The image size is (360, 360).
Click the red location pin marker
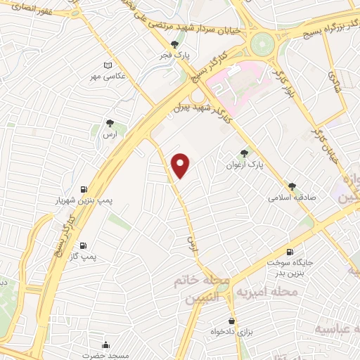(x=181, y=166)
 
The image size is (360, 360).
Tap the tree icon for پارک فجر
(x=184, y=44)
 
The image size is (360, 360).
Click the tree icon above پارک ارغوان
(x=244, y=153)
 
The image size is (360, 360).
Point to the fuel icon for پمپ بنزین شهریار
(x=84, y=188)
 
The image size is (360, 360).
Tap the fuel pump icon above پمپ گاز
(x=84, y=245)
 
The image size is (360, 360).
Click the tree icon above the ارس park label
(x=109, y=122)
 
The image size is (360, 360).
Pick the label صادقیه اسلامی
(x=292, y=198)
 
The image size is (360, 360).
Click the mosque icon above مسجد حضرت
(x=105, y=345)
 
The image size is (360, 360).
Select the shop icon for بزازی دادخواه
(x=232, y=318)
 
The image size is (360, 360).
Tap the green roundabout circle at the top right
(x=264, y=43)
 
